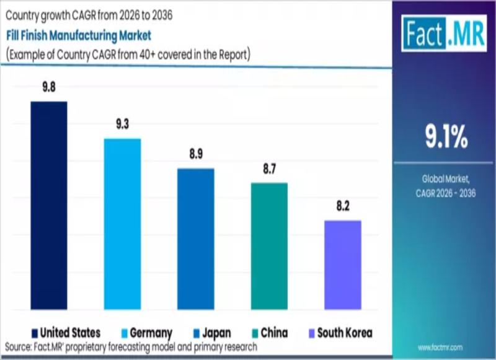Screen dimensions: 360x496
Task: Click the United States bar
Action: coord(49,205)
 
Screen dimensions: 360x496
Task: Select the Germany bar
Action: coord(122,224)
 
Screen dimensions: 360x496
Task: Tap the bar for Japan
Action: coord(196,239)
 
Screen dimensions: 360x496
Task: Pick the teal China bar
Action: coord(269,246)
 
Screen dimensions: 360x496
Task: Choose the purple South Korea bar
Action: coord(342,265)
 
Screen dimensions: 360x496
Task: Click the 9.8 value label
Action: coord(49,87)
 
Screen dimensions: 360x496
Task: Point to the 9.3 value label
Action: coord(122,125)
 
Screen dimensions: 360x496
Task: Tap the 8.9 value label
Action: coord(196,154)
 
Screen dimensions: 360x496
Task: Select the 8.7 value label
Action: coord(269,169)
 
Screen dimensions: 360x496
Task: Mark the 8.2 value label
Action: coord(342,206)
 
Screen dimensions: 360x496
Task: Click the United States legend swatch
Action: coord(35,333)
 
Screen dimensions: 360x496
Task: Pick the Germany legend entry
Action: coord(145,333)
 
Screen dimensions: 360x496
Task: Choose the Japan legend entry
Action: coord(211,333)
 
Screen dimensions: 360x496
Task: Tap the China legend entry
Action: coord(268,333)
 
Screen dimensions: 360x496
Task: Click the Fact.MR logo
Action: coord(443,33)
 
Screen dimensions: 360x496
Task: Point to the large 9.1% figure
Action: coord(446,138)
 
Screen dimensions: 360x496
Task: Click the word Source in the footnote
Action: coord(19,347)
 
